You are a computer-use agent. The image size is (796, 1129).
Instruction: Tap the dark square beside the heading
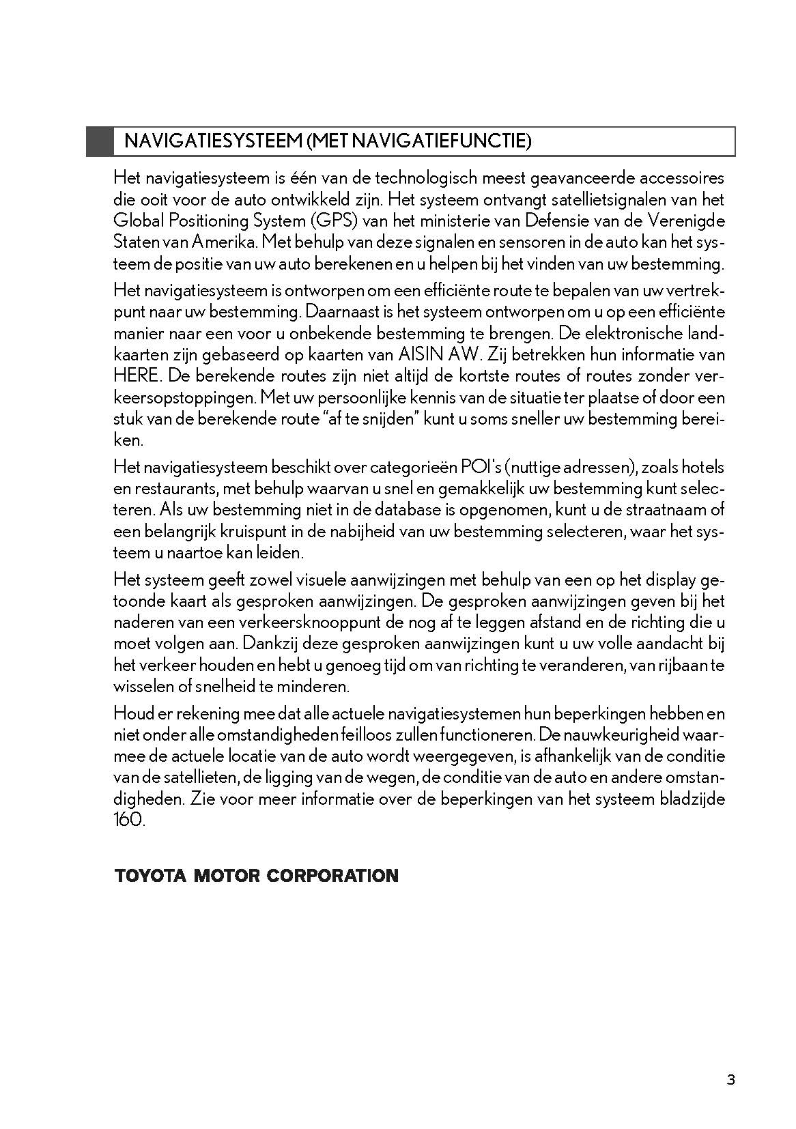[x=100, y=141]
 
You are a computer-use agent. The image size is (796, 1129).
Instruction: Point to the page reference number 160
[x=129, y=820]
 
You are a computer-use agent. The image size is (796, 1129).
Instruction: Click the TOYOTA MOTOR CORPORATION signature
[x=257, y=876]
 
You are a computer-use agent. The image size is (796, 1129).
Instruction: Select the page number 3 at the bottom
[x=731, y=1080]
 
